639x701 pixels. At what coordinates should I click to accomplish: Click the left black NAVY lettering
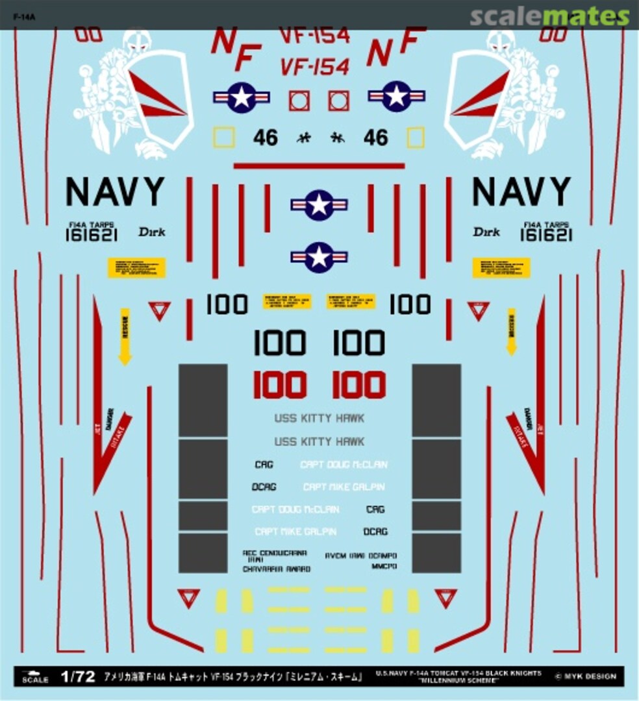(x=116, y=191)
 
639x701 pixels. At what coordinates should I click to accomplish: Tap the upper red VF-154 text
(x=314, y=36)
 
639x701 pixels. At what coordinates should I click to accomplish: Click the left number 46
(x=266, y=138)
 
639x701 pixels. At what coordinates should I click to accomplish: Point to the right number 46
(x=375, y=138)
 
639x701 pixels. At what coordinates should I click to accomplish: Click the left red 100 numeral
(x=279, y=386)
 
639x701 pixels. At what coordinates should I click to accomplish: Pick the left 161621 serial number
(x=92, y=236)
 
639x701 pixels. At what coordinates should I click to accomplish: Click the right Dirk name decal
(x=486, y=232)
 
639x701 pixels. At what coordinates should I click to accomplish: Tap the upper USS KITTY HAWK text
(x=319, y=419)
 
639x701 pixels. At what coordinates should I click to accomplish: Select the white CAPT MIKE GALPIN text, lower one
(x=295, y=532)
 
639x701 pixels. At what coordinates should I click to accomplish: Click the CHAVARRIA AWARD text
(x=276, y=569)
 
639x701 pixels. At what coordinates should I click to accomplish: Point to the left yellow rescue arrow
(x=125, y=336)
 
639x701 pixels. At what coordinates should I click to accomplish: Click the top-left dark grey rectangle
(x=203, y=399)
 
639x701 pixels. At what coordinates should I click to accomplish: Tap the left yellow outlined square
(x=224, y=137)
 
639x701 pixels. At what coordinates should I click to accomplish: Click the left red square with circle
(x=299, y=100)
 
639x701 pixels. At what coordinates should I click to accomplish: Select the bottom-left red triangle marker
(x=188, y=598)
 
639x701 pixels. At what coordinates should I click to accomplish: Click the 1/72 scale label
(x=77, y=678)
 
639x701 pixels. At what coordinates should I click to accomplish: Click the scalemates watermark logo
(x=549, y=16)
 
